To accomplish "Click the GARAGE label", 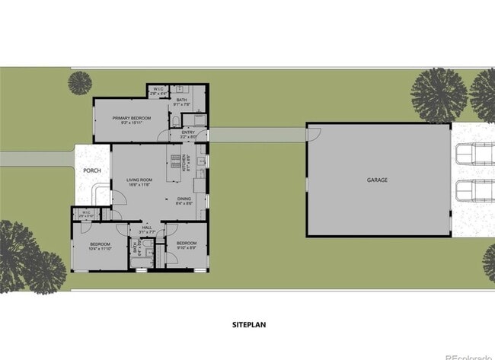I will pyautogui.click(x=377, y=180).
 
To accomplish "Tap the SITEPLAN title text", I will pyautogui.click(x=249, y=324).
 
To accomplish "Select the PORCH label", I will pyautogui.click(x=92, y=170).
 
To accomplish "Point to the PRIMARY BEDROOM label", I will pyautogui.click(x=130, y=118).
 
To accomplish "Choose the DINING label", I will pyautogui.click(x=184, y=199).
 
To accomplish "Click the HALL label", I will pyautogui.click(x=147, y=226).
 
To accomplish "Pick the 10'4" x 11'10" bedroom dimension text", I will pyautogui.click(x=100, y=247).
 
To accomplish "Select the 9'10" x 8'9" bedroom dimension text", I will pyautogui.click(x=186, y=247).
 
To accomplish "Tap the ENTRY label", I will pyautogui.click(x=188, y=133).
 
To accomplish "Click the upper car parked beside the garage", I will pyautogui.click(x=474, y=154).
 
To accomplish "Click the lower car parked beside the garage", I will pyautogui.click(x=474, y=190).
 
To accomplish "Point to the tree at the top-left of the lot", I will pyautogui.click(x=79, y=82).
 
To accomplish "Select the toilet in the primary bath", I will pyautogui.click(x=174, y=122).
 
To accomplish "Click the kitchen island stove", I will pyautogui.click(x=174, y=162).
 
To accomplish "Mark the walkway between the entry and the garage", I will pyautogui.click(x=257, y=134).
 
